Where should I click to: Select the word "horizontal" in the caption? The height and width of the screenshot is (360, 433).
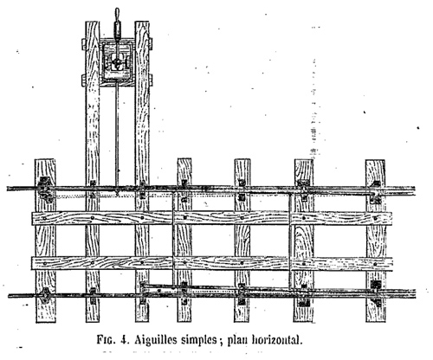coord(277,339)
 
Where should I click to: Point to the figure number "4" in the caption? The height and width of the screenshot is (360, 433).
coord(125,340)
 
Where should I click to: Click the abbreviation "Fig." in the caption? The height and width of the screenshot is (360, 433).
coord(107,340)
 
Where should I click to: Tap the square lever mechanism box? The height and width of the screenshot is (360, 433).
coord(118,62)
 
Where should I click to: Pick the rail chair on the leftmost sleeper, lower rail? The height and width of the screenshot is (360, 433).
coord(45,295)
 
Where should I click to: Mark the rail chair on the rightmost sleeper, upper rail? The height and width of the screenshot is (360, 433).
coord(376,192)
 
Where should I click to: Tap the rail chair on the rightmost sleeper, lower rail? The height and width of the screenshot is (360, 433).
coord(376,292)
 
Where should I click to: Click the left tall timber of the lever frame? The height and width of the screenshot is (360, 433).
coord(93,171)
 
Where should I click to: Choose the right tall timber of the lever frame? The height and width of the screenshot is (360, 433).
coord(142,171)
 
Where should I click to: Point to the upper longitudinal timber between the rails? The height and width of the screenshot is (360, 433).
coord(212,218)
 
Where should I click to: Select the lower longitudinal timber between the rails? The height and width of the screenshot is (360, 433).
coord(212,263)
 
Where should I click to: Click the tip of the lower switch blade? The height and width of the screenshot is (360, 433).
coord(142,285)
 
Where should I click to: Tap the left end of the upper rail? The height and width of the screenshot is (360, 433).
coord(8,189)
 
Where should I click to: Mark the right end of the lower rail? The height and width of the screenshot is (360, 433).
coord(416,293)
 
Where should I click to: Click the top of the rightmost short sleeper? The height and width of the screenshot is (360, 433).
coord(375,160)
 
